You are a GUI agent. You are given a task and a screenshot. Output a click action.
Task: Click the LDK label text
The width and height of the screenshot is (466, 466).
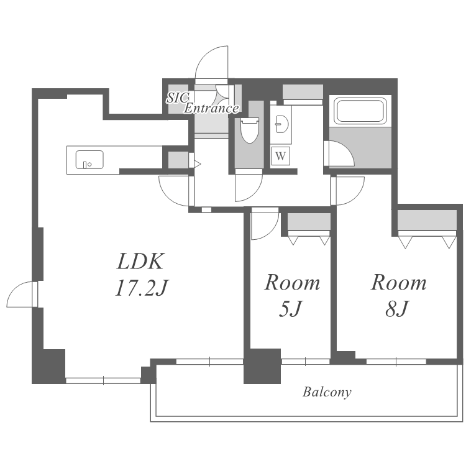coord(140,261)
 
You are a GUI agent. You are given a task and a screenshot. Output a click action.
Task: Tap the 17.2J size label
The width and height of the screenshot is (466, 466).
coord(142,288)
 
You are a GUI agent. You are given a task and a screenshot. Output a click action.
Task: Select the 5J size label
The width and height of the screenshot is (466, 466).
coord(291,309)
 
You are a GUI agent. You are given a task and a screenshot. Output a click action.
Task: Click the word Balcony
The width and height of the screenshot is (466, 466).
coord(327,392)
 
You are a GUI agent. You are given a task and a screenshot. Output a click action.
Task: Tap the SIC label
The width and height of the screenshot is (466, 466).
coord(178,98)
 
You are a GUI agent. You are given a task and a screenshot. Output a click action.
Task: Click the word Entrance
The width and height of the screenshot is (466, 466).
coord(211,108)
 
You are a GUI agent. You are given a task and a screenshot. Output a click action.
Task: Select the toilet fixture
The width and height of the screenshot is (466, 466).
coord(250,130)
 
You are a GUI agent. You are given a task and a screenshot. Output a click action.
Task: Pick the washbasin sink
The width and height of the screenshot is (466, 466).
coord(281,124)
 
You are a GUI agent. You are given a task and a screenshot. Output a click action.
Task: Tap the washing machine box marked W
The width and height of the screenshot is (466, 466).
coord(281,156)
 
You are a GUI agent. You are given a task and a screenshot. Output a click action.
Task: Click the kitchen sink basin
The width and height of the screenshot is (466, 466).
coord(89,160)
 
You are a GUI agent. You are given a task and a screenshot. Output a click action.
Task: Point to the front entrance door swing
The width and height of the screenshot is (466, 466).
coord(212,63)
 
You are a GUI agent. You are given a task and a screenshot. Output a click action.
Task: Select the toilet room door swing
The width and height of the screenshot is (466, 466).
coord(249,186)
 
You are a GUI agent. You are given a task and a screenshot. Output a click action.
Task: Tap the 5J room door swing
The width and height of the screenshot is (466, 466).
coord(265,224)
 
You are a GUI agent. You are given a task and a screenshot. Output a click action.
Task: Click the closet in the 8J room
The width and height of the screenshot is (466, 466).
coord(427,220)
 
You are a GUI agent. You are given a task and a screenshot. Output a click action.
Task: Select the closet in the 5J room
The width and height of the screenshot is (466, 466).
coord(309,222)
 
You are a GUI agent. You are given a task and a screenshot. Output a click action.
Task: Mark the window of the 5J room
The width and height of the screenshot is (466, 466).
coord(306,362)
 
